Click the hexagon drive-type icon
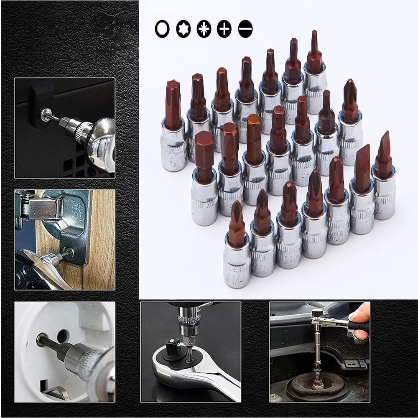(x=162, y=29)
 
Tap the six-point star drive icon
(x=183, y=29)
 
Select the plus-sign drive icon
(x=224, y=29)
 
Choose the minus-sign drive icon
(x=245, y=29)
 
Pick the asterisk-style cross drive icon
(x=204, y=29)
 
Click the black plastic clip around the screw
(x=42, y=100)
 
